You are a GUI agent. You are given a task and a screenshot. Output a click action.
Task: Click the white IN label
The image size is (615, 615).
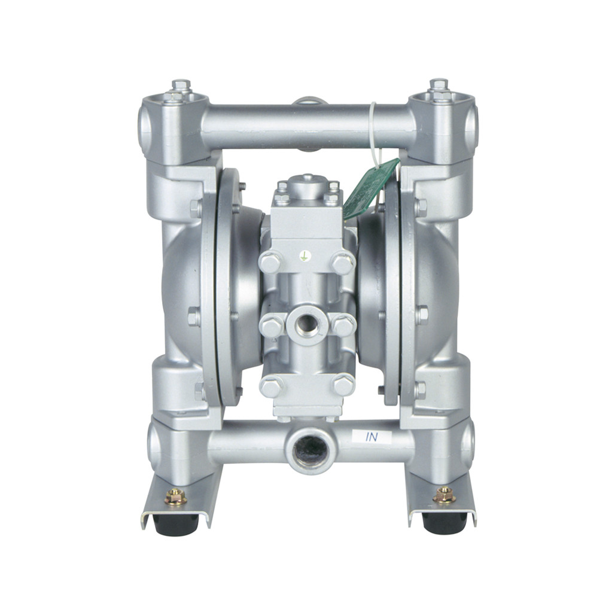pos(372,437)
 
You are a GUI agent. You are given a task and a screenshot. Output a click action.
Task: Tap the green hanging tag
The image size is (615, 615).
pos(370,188)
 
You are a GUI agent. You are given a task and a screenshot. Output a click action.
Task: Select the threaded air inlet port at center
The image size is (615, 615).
pos(307,324)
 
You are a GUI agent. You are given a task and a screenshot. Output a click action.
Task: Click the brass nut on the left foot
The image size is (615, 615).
pos(175,496)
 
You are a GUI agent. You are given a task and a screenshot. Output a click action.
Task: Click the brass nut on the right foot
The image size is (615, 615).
pos(444,495)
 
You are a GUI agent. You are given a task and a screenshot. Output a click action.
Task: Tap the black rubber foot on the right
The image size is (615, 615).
pos(443,522)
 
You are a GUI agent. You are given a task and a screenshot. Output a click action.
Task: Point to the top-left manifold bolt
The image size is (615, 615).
pos(181,87)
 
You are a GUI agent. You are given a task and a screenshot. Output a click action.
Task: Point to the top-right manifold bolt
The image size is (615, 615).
pos(439,87)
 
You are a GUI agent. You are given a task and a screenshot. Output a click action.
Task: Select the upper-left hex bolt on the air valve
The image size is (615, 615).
pos(270,263)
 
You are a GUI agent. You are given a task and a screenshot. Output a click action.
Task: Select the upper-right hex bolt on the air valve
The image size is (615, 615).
pos(343,263)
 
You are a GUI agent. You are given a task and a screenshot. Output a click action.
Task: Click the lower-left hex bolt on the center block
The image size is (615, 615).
pos(271,385)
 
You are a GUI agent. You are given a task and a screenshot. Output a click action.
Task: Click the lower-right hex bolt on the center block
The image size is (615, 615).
pos(343,384)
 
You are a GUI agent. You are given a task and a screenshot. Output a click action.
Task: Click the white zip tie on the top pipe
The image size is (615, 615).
pos(373,129)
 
